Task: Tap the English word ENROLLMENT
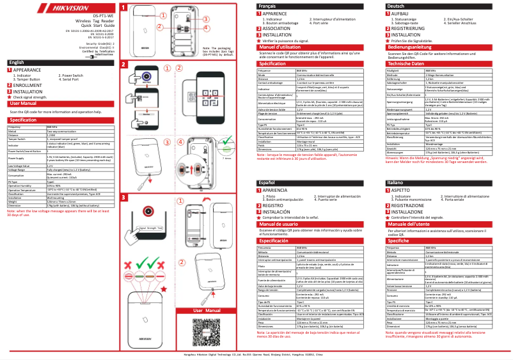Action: tap(27, 85)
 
